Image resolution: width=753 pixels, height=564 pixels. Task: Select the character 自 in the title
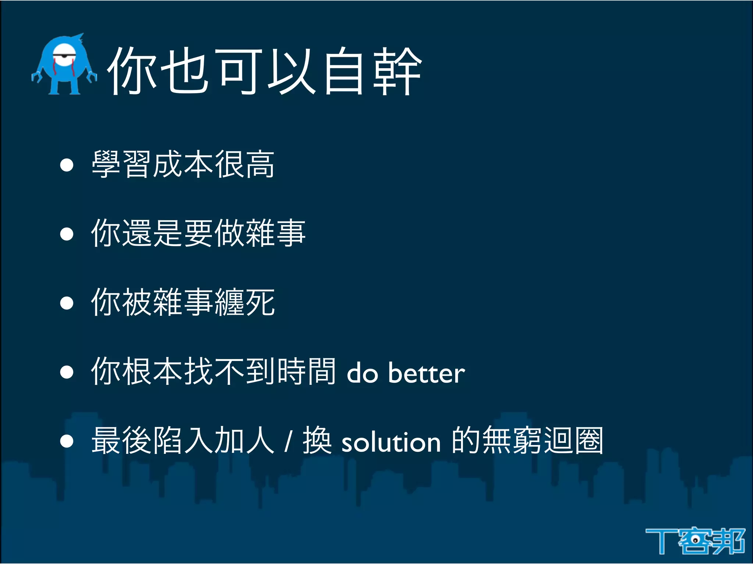(x=344, y=72)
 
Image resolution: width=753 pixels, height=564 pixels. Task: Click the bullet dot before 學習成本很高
(x=67, y=165)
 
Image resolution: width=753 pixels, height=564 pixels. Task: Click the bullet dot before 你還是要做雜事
(x=67, y=234)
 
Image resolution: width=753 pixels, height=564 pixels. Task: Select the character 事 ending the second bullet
(x=290, y=233)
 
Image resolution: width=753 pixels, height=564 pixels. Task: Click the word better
(x=427, y=373)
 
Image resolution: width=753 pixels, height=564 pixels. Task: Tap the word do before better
(x=362, y=373)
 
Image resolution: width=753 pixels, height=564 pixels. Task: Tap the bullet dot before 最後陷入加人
(x=67, y=441)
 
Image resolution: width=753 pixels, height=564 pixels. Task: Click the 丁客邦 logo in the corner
(x=695, y=541)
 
